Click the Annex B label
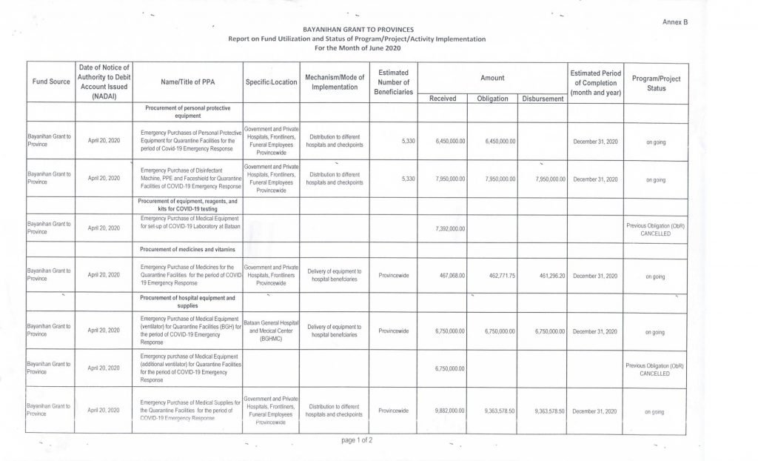click(675, 23)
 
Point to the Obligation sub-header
click(492, 99)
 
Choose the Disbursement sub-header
click(543, 99)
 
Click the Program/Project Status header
click(656, 83)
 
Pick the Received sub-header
click(443, 99)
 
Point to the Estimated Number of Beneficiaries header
click(393, 82)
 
